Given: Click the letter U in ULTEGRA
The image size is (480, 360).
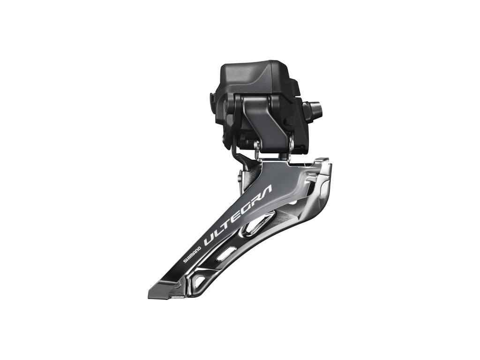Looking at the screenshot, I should point(210,240).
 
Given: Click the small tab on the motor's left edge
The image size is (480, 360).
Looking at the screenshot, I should point(212,99).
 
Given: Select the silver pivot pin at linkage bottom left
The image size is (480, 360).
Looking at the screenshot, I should point(257,149).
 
